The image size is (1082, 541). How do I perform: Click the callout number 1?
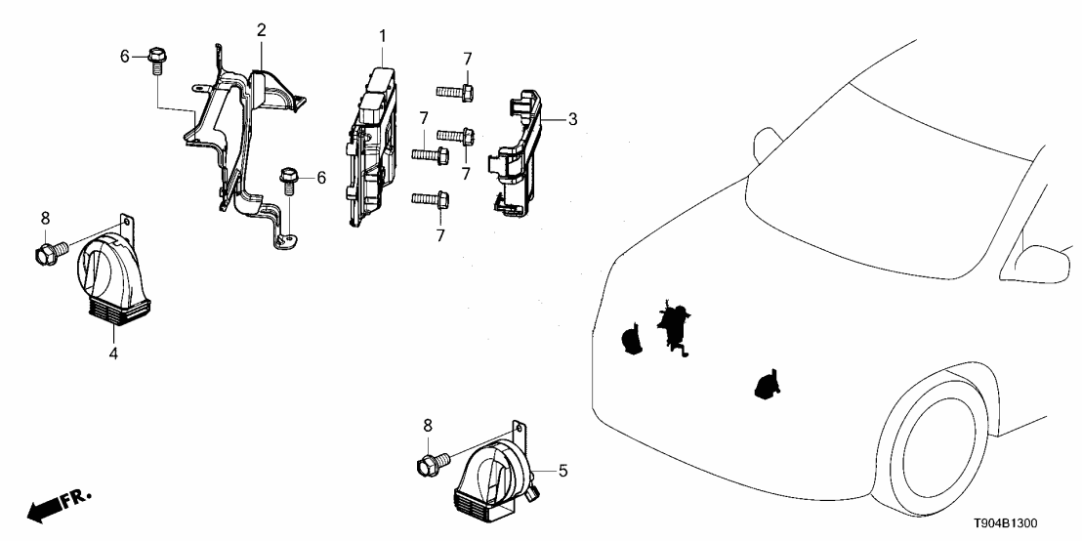[383, 36]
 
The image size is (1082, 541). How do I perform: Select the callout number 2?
[261, 29]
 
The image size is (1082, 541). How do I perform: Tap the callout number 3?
[573, 119]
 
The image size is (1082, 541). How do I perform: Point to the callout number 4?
[113, 354]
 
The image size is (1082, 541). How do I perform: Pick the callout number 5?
[563, 471]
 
